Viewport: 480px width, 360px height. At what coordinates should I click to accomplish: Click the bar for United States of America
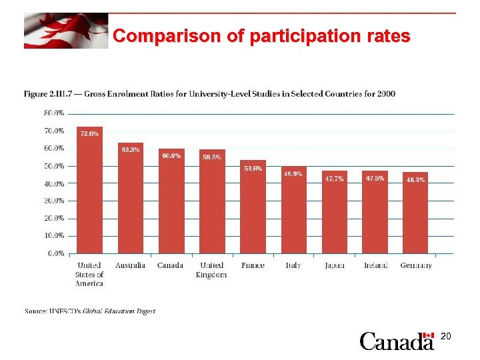point(89,190)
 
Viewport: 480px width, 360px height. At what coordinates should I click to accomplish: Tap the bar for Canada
point(171,201)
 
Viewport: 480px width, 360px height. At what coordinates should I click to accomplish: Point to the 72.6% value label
point(89,134)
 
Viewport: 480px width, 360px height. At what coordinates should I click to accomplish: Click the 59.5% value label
point(212,157)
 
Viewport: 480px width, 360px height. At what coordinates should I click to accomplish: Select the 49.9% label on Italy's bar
point(293,174)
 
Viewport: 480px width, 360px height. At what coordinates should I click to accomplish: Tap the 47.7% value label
point(334,179)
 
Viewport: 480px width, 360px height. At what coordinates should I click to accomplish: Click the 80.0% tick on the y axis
point(54,113)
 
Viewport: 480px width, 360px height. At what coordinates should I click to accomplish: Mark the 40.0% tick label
point(54,183)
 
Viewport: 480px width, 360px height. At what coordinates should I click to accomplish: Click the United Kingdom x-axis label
point(212,270)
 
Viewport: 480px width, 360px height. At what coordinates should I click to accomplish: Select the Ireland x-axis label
point(375,265)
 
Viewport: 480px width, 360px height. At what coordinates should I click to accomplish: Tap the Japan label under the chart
point(334,265)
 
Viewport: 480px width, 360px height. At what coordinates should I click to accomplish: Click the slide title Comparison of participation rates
point(261,36)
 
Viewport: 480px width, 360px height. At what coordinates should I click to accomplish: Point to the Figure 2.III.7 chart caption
point(209,94)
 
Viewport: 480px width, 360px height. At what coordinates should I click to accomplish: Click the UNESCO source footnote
point(90,311)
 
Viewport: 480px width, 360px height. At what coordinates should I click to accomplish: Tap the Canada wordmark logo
point(397,341)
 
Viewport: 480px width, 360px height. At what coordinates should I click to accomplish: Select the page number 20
point(446,337)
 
